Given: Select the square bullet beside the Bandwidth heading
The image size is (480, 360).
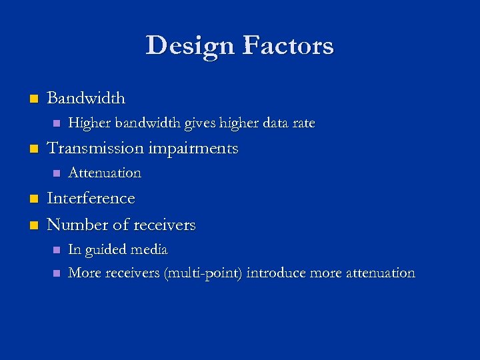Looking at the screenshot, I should pyautogui.click(x=31, y=99).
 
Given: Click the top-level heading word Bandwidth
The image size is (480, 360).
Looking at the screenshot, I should pyautogui.click(x=86, y=98).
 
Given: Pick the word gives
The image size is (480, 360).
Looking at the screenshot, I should pyautogui.click(x=207, y=123).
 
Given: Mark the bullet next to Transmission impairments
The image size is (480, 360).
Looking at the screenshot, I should pyautogui.click(x=31, y=149).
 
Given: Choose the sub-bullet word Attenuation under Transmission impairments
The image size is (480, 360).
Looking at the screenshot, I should pyautogui.click(x=105, y=173).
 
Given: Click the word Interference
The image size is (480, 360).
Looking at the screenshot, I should pyautogui.click(x=91, y=198).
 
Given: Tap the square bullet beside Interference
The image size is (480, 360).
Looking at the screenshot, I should pyautogui.click(x=31, y=199).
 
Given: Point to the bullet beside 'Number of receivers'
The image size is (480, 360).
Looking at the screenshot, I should pyautogui.click(x=31, y=225).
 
